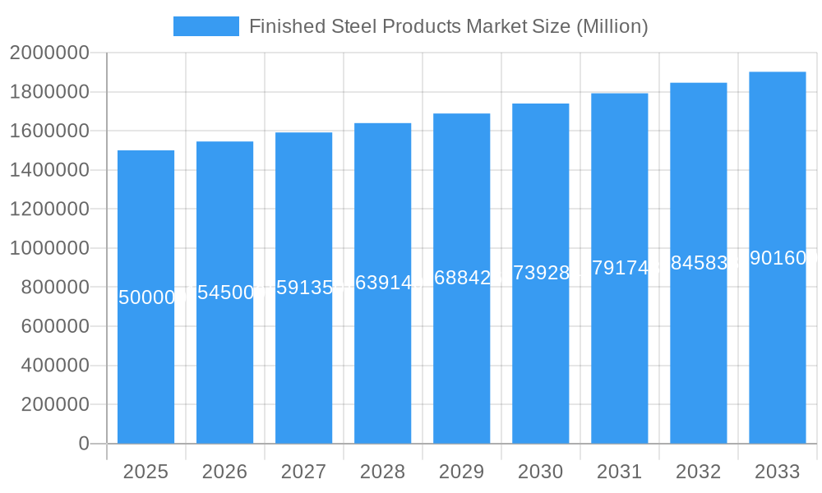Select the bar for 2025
click(146, 370)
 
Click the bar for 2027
click(304, 362)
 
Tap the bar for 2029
click(462, 353)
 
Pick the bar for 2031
click(620, 345)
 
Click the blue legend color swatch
click(205, 26)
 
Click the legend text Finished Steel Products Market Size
click(448, 26)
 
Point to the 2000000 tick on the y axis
click(48, 53)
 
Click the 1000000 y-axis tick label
click(48, 248)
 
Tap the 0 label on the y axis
click(83, 444)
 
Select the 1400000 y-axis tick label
click(48, 170)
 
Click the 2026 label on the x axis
click(224, 472)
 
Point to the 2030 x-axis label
click(540, 472)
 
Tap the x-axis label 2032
click(698, 472)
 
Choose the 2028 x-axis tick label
click(382, 472)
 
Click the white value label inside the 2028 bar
click(382, 283)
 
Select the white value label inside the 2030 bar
click(540, 273)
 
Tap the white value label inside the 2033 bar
click(778, 258)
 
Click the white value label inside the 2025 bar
click(146, 297)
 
